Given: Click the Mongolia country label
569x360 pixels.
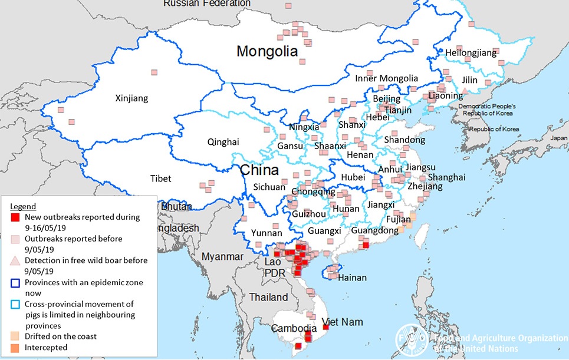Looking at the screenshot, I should pyautogui.click(x=267, y=51).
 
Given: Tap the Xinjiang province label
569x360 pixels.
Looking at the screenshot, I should pyautogui.click(x=131, y=98).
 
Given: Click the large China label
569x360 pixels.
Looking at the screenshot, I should pyautogui.click(x=259, y=171).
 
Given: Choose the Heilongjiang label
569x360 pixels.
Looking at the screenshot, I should pyautogui.click(x=471, y=53).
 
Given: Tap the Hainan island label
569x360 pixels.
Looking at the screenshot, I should pyautogui.click(x=353, y=278).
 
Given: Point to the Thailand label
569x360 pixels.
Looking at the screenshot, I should pyautogui.click(x=269, y=297).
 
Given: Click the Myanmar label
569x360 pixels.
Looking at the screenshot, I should pyautogui.click(x=222, y=256).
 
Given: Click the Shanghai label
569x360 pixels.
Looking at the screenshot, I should pyautogui.click(x=446, y=177).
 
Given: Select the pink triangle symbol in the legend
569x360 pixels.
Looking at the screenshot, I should pyautogui.click(x=16, y=261).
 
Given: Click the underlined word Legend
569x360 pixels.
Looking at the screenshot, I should pyautogui.click(x=23, y=206).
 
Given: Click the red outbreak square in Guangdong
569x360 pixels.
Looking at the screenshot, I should pyautogui.click(x=366, y=245).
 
